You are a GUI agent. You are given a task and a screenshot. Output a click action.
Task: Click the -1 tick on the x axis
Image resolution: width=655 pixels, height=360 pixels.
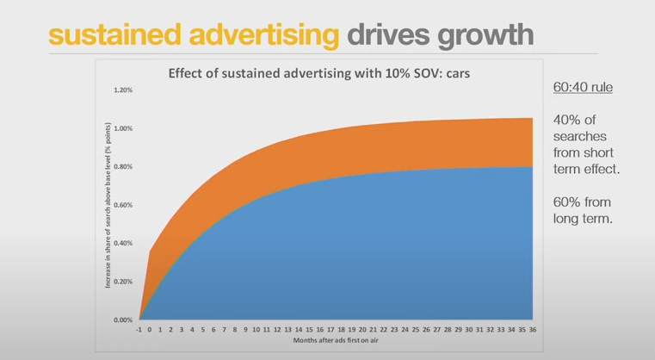click(140, 328)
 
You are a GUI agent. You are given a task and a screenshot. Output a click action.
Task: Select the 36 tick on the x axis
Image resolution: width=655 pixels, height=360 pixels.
click(534, 328)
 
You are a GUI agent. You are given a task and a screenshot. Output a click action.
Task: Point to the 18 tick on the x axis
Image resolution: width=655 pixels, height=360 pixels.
click(342, 328)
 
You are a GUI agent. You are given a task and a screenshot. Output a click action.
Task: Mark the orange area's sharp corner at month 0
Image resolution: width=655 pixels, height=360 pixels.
click(151, 252)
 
